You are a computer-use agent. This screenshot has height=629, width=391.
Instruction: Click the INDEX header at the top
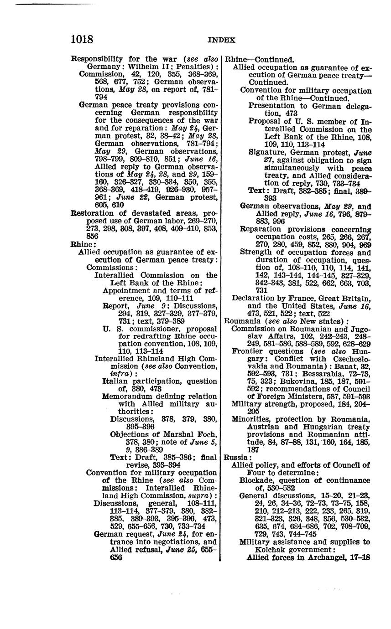pyautogui.click(x=221, y=40)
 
